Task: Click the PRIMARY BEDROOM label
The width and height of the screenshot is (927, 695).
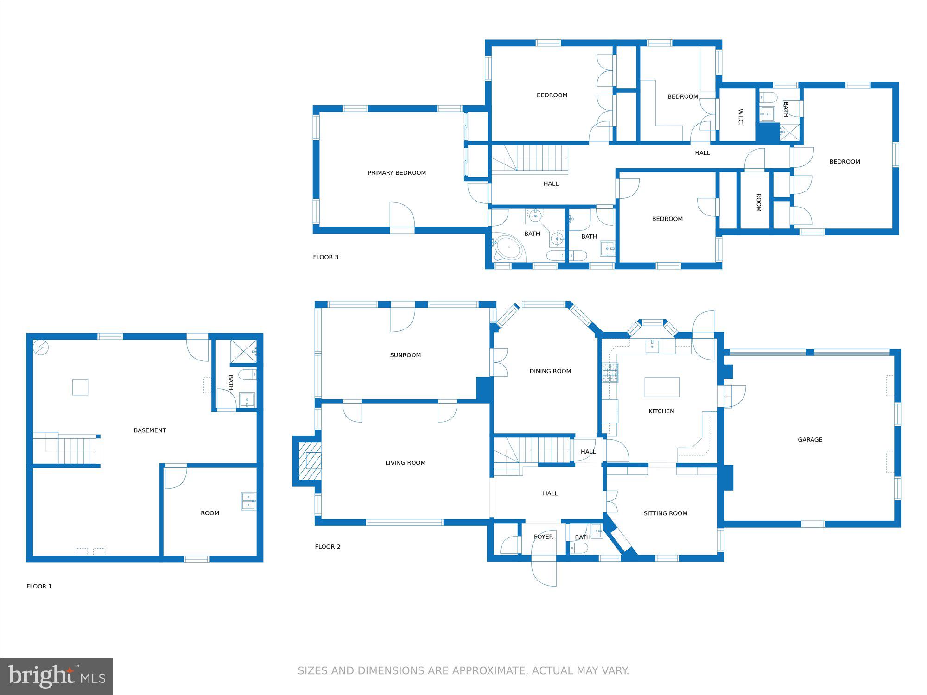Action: tap(397, 173)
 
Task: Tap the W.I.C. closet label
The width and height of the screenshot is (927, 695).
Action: tap(740, 117)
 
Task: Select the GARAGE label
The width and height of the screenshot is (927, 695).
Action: tap(810, 440)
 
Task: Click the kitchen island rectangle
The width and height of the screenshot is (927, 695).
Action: tap(662, 387)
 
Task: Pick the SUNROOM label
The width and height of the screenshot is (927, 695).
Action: tap(406, 355)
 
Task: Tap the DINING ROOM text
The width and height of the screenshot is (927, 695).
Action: tap(550, 371)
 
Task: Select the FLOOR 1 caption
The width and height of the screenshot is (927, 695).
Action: tap(39, 587)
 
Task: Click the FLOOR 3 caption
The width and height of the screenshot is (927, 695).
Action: tap(326, 257)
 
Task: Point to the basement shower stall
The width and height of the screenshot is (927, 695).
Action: tap(243, 352)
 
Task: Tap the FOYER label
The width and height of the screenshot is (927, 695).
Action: tap(543, 537)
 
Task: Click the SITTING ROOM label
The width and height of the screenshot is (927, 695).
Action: tap(665, 513)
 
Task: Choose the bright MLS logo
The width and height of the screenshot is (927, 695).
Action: tap(57, 676)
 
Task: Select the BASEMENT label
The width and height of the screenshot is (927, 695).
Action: tap(150, 430)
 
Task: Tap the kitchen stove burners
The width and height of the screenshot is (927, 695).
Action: tap(610, 373)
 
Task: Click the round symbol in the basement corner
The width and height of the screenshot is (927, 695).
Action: tap(41, 347)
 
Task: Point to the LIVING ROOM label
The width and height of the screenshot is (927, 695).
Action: tap(406, 463)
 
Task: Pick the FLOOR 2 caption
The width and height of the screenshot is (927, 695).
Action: tap(328, 547)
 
